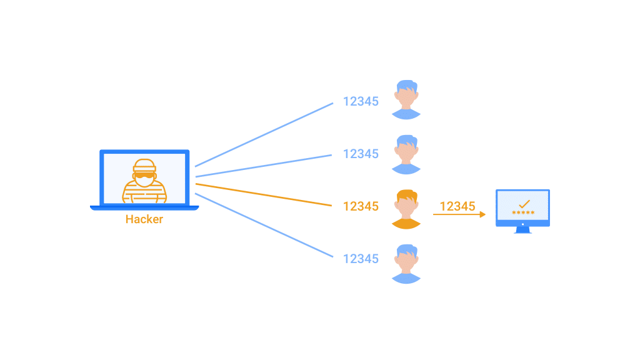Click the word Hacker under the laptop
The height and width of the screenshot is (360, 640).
coord(144,219)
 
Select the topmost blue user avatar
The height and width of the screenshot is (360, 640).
coord(406,99)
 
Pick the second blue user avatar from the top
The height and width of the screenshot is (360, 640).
coord(406,154)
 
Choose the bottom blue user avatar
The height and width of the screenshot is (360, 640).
coord(406,263)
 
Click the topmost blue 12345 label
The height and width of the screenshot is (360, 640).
coord(361,101)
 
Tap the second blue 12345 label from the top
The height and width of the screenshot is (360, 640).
coord(361,154)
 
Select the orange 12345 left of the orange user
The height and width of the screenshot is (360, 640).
coord(361,206)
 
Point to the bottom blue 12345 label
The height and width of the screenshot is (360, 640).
coord(361,258)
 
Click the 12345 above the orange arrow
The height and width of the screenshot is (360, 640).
coord(457,206)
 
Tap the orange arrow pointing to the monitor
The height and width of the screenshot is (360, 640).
coord(459,215)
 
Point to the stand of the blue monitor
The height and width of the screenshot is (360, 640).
coord(522,230)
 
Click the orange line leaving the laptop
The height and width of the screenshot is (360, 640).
coord(262,194)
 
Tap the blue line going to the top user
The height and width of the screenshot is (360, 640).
coord(262,135)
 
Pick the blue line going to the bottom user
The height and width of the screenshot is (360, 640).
coord(262,225)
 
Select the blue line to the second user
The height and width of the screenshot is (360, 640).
coord(262,166)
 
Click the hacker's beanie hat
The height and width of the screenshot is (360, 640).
coord(144,166)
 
